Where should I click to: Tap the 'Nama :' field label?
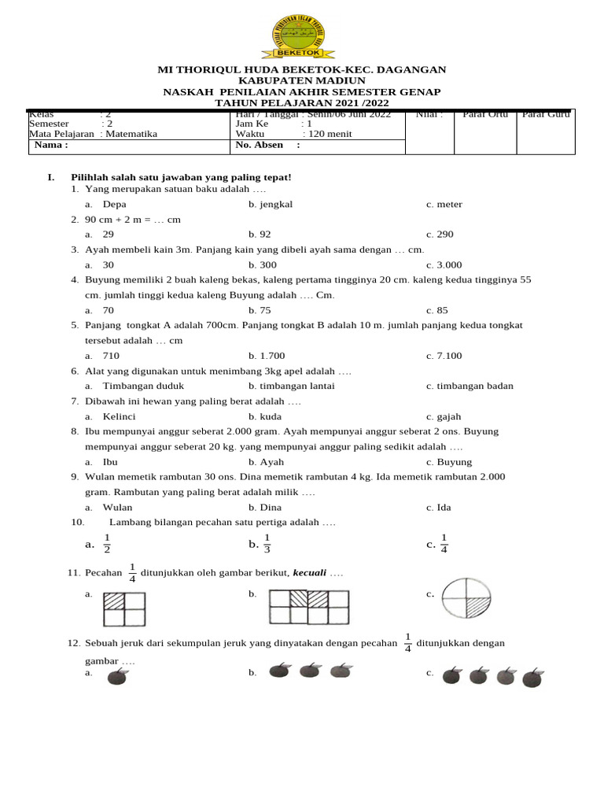tap(51, 145)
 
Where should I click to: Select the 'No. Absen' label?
tap(261, 145)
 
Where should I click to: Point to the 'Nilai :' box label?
tap(429, 115)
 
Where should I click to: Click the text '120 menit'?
tap(327, 134)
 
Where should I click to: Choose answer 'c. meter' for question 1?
tap(444, 205)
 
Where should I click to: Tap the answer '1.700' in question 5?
tap(272, 356)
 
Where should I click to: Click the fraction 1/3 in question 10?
tap(267, 544)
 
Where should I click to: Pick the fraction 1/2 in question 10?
tap(107, 544)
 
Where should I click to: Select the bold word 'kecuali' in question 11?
tap(309, 573)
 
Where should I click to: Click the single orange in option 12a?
tap(117, 676)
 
